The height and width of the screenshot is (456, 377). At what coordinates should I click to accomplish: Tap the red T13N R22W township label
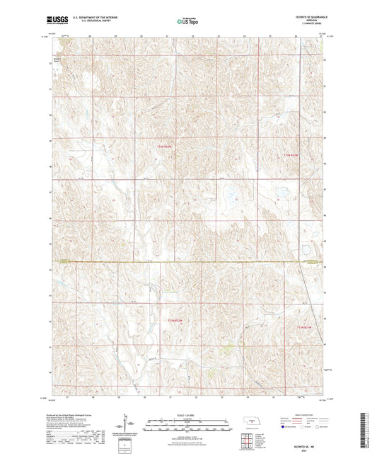pyautogui.click(x=164, y=147)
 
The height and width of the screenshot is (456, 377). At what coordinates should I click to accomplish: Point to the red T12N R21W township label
pyautogui.click(x=303, y=326)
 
